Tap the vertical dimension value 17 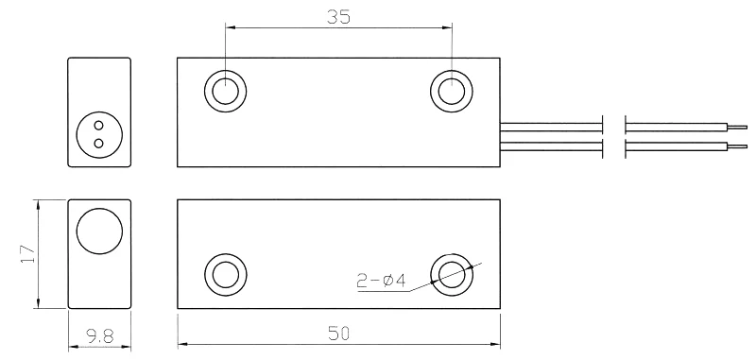(26, 253)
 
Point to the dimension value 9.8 (98, 335)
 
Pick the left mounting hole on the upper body (225, 91)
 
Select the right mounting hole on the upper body (451, 91)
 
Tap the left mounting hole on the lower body (225, 274)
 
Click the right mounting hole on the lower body (451, 274)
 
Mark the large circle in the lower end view (99, 231)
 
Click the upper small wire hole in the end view (98, 122)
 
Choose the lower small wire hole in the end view (98, 143)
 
